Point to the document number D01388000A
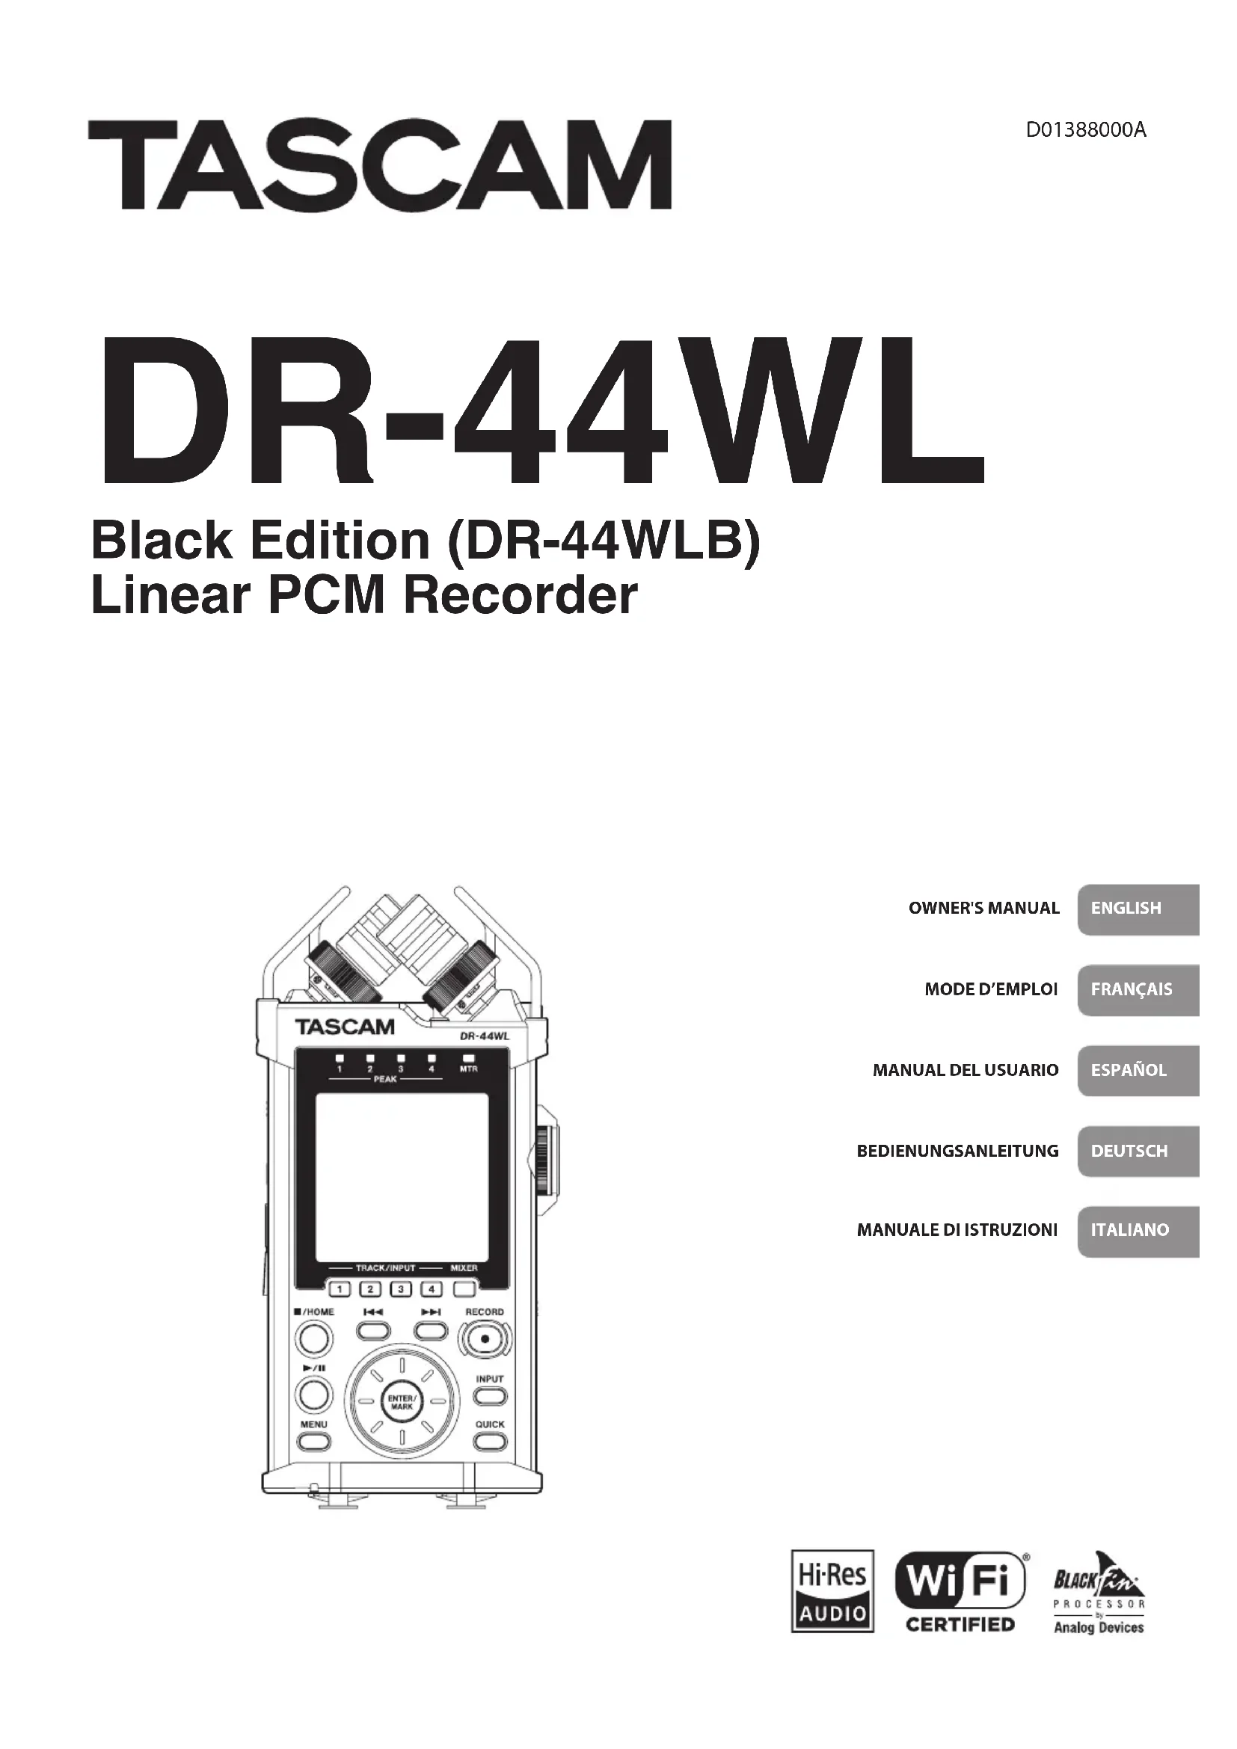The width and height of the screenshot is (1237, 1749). (x=1085, y=130)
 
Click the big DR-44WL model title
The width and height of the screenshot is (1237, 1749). (x=541, y=412)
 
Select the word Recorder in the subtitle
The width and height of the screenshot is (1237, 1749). (x=520, y=597)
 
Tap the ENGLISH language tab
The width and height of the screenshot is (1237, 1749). (x=1139, y=909)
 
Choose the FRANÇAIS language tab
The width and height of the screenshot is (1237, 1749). (x=1139, y=989)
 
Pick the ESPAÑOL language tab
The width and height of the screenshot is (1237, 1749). (x=1139, y=1070)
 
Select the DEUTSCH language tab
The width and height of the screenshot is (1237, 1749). (x=1139, y=1151)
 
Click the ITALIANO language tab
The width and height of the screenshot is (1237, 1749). (x=1139, y=1230)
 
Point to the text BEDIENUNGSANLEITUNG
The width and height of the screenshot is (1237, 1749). (x=957, y=1151)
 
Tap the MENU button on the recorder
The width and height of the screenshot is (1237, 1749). (x=314, y=1441)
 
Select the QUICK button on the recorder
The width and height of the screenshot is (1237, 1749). (x=490, y=1441)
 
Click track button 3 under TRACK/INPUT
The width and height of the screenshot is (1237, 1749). (x=401, y=1290)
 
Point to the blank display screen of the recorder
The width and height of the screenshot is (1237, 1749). (x=402, y=1178)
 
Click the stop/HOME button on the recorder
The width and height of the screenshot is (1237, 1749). (x=314, y=1338)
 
